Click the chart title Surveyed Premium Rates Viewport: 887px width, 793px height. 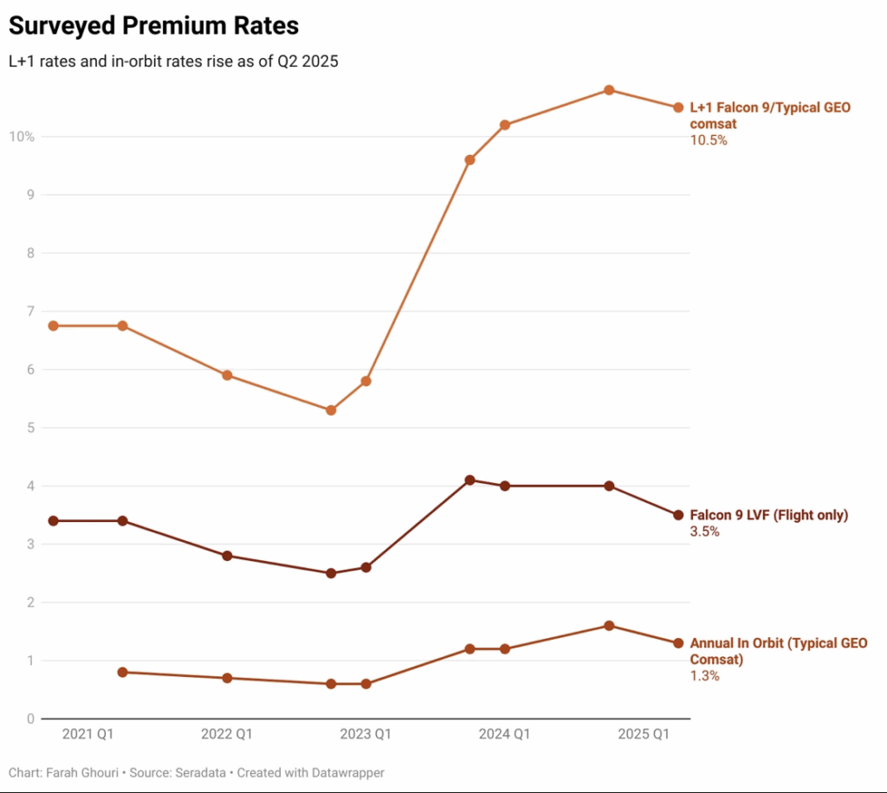click(x=153, y=26)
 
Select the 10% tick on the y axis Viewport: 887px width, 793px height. click(x=22, y=137)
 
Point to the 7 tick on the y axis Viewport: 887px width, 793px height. click(x=29, y=311)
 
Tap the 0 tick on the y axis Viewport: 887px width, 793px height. click(x=29, y=719)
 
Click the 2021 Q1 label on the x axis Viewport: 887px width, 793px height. click(x=87, y=734)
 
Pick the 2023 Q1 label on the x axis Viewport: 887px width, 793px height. click(x=366, y=734)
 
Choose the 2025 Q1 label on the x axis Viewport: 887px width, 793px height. click(x=644, y=734)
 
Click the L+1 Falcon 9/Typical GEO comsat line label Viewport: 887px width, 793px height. click(x=770, y=115)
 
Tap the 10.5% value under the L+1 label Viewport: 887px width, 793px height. click(x=709, y=139)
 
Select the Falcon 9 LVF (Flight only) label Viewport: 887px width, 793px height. click(x=768, y=515)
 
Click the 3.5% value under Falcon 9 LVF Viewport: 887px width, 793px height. click(x=704, y=532)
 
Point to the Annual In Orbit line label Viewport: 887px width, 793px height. click(x=778, y=651)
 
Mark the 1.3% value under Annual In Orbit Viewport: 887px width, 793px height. click(x=704, y=676)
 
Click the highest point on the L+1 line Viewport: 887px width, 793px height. click(x=609, y=90)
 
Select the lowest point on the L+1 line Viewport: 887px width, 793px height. click(x=331, y=410)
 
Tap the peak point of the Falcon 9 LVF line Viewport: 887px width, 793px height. click(x=469, y=480)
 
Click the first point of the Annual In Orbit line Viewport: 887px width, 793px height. click(x=122, y=672)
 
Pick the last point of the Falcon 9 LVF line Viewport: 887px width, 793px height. click(x=678, y=515)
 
